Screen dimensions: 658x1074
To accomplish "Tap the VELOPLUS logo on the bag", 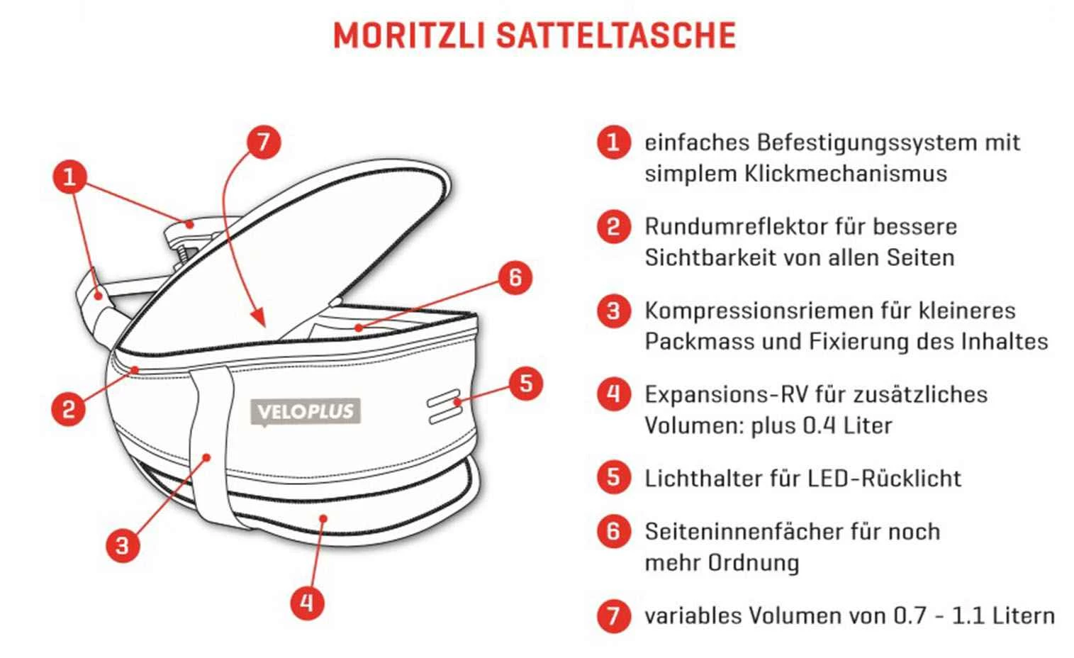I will click(306, 412).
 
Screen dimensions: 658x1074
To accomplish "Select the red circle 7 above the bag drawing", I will click(264, 142).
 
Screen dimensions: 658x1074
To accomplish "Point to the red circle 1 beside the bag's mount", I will click(69, 177).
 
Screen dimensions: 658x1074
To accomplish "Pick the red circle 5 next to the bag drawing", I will click(525, 384).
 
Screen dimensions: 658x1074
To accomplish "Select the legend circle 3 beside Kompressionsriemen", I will click(613, 311).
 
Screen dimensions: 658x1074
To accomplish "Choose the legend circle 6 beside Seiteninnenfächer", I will click(613, 531).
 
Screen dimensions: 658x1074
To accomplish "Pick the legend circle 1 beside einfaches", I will click(613, 143).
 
